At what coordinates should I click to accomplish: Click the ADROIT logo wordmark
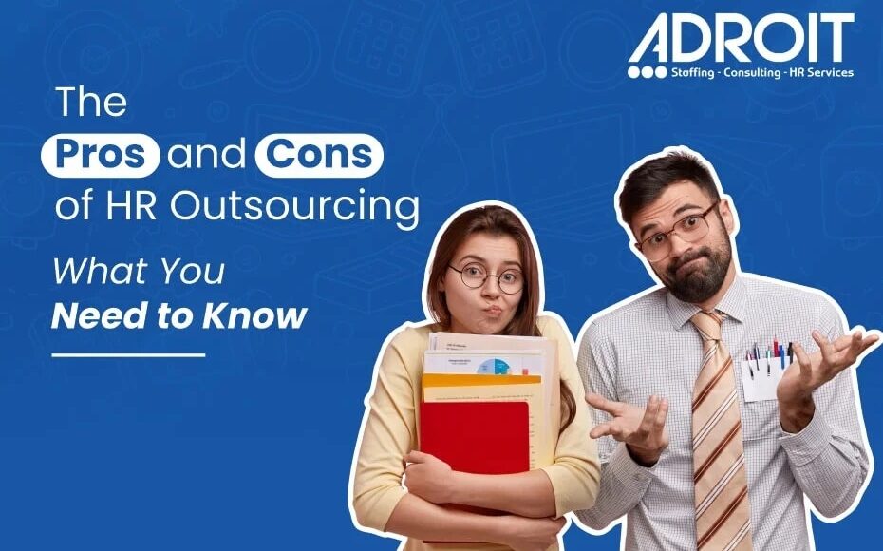pos(741,38)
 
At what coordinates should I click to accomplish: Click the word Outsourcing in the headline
pos(294,206)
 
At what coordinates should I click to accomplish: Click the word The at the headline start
pos(91,102)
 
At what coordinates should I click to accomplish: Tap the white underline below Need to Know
pos(128,355)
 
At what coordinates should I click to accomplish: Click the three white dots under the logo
pos(647,72)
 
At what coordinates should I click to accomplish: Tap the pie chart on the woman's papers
pos(492,367)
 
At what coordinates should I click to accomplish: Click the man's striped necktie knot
pos(705,325)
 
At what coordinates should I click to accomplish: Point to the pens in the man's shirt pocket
pos(769,352)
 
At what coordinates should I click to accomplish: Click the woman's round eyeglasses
pos(486,277)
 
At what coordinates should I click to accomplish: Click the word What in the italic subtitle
pos(100,272)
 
